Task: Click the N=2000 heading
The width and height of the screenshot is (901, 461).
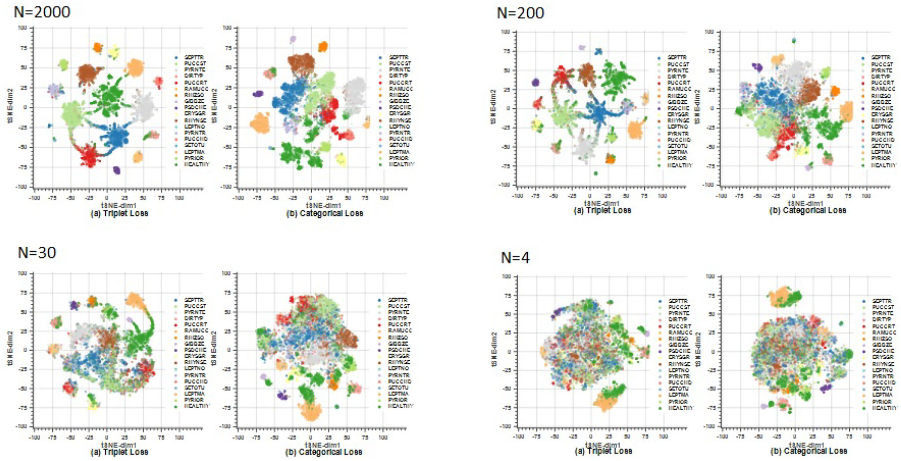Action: [x=42, y=11]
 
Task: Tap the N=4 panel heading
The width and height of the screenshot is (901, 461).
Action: [x=515, y=258]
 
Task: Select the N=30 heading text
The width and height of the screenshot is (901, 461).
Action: [x=37, y=252]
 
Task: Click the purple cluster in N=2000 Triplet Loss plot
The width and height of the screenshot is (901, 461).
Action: [x=116, y=170]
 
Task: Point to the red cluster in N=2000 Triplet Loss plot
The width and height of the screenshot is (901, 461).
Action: [x=89, y=155]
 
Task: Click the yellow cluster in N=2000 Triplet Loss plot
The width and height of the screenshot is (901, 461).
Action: [x=114, y=52]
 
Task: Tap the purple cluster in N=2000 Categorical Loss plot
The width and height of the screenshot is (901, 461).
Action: [x=258, y=94]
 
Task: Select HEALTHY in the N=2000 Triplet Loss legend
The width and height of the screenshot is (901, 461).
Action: [x=196, y=164]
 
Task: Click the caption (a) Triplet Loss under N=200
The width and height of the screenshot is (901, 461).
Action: [x=602, y=210]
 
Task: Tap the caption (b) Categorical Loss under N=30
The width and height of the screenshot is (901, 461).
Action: [x=324, y=452]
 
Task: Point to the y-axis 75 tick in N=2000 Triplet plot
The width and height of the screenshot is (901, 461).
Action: [x=22, y=48]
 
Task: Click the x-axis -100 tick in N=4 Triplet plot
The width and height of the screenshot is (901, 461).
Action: [x=518, y=437]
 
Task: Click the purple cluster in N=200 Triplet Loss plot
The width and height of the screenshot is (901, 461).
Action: [x=535, y=82]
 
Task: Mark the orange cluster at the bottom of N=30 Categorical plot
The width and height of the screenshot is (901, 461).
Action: [x=310, y=411]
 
